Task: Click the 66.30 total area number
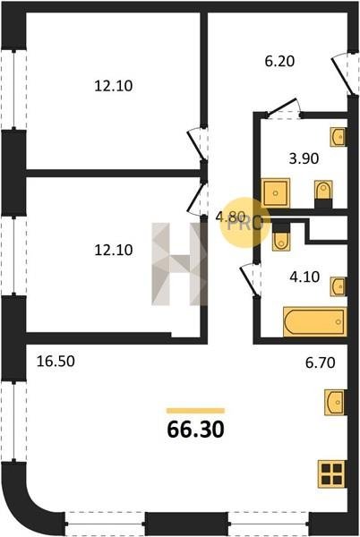coord(195,429)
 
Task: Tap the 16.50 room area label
coord(56,361)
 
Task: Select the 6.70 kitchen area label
coord(321,362)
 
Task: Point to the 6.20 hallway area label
coord(279,61)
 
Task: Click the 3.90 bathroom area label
coord(304,158)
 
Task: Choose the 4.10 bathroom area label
coord(304,277)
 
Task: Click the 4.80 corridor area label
coord(230,217)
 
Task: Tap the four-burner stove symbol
coord(331,474)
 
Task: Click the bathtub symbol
coord(315,322)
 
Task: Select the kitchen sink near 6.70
coord(336,402)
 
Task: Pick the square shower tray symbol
coord(276,192)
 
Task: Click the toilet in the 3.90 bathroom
coord(323,194)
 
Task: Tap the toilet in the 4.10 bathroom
coord(281,236)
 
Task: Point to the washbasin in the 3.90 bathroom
coord(339,137)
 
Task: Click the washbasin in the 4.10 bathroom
coord(339,287)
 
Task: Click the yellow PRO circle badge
coord(244,223)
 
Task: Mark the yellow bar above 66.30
coord(195,411)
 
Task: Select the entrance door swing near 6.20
coord(344,72)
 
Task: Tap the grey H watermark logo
coord(179,264)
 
